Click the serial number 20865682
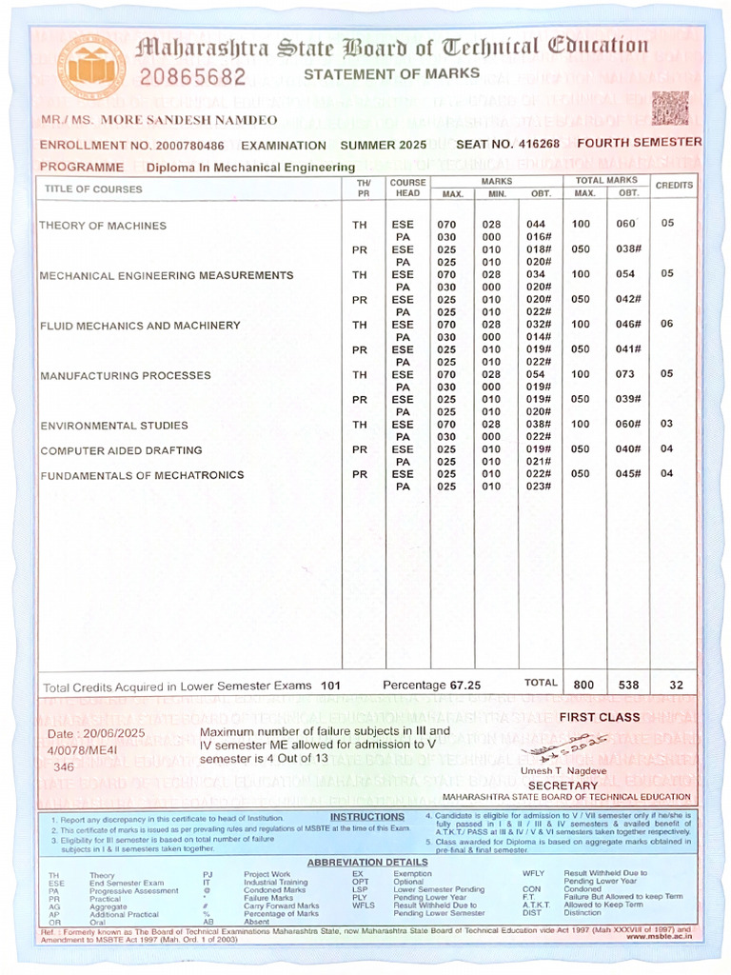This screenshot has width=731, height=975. point(193,76)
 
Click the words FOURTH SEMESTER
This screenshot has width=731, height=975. point(640,143)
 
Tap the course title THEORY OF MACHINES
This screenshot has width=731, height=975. point(103,226)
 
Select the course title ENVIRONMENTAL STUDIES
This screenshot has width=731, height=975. point(114,426)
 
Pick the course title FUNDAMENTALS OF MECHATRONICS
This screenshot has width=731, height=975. point(142,475)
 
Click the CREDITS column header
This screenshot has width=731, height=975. point(674,185)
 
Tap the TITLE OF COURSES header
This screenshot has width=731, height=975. point(93,189)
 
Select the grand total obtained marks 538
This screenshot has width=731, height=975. point(627,684)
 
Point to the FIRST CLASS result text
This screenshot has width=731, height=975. point(600,717)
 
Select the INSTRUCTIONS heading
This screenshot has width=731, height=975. point(367,817)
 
